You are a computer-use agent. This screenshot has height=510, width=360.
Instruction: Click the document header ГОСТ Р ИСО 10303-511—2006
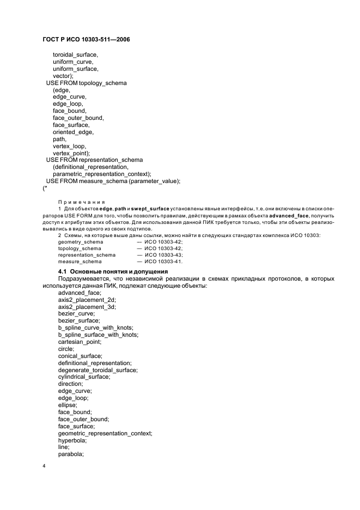coord(86,40)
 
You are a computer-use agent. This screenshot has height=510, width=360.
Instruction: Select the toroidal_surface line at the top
coord(75,55)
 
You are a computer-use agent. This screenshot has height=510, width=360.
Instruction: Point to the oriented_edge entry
coord(73,132)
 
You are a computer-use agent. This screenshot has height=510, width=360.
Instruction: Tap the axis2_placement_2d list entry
coord(87,300)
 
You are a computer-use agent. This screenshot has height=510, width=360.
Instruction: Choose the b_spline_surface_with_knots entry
coord(97,335)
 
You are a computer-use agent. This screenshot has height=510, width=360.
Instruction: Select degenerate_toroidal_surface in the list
coord(97,370)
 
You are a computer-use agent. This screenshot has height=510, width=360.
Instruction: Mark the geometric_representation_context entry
coord(105,433)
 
